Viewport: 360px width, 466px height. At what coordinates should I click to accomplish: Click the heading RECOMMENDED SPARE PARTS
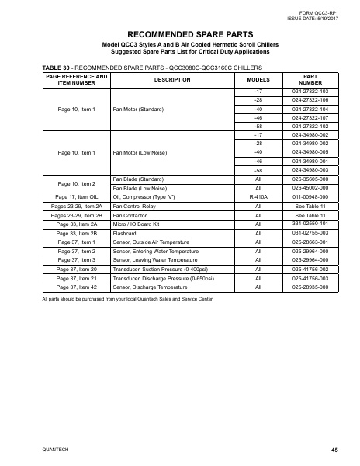[x=179, y=34]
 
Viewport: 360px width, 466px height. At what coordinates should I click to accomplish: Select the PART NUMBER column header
[x=310, y=79]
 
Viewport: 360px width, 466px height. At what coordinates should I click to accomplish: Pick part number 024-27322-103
[x=310, y=92]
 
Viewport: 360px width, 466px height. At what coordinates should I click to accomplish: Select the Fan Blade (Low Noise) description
[x=140, y=188]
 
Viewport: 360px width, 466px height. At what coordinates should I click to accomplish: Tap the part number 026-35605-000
[x=310, y=179]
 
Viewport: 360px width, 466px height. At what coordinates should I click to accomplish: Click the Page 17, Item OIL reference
[x=77, y=197]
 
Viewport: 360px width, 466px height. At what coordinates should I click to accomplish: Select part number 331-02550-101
[x=310, y=224]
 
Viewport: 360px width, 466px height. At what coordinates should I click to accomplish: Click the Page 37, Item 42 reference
[x=77, y=287]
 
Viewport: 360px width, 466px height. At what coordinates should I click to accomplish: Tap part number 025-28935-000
[x=310, y=287]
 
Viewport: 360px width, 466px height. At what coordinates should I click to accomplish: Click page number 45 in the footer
[x=334, y=450]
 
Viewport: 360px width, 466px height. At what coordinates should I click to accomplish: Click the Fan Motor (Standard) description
[x=139, y=110]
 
